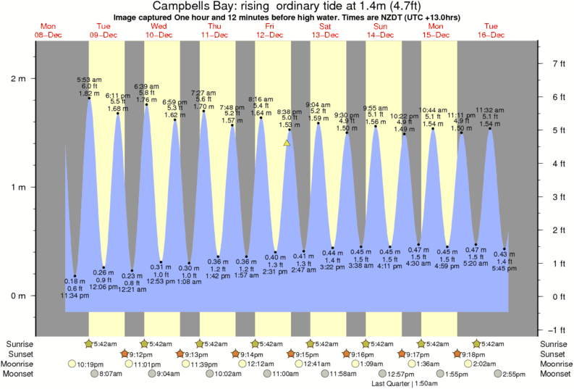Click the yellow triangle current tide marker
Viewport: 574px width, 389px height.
287,143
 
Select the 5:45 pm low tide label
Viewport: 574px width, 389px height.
505,268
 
